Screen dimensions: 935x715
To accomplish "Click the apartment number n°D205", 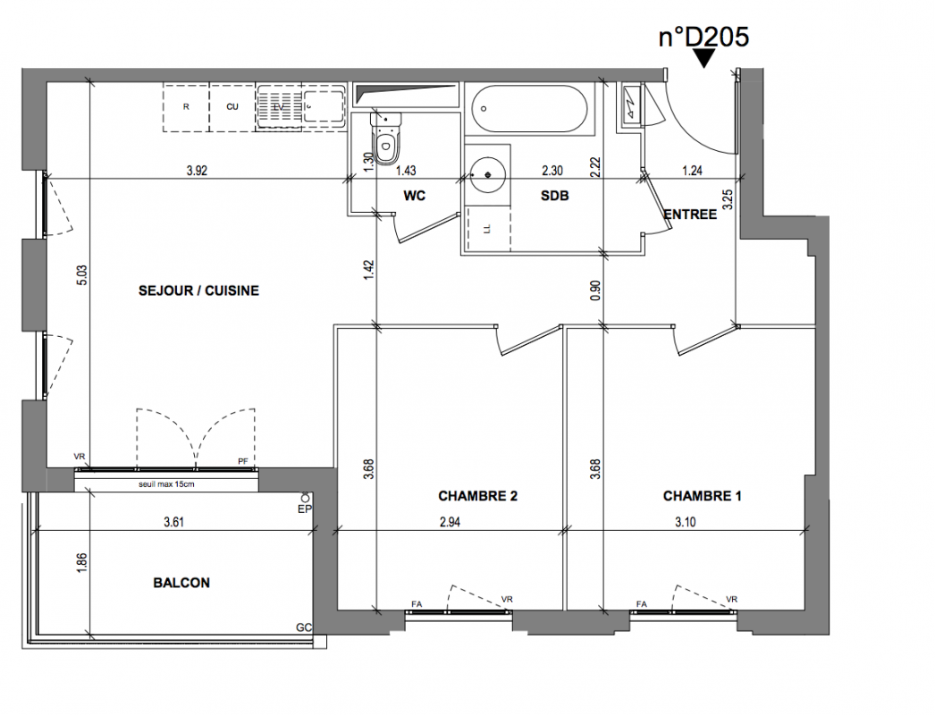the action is (x=703, y=37).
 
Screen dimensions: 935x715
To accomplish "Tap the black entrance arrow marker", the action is (x=705, y=58).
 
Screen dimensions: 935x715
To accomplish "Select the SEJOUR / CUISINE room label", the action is (x=198, y=291).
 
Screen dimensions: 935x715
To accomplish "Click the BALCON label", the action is (x=181, y=583).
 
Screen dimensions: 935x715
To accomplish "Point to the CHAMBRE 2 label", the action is (x=477, y=496).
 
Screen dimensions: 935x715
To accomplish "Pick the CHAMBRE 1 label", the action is (x=703, y=496).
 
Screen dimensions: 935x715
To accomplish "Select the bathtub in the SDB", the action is (x=529, y=108).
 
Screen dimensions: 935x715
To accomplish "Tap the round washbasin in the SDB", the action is (x=488, y=174).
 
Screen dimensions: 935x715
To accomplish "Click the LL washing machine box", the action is (x=488, y=229).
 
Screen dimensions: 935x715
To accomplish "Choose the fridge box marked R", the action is (x=186, y=107).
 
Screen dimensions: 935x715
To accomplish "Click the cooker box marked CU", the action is (x=232, y=107).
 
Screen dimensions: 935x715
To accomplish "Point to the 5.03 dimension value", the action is (x=82, y=275).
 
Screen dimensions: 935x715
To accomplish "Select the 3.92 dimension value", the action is (x=197, y=171).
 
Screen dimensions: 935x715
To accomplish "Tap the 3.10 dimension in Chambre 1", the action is (x=685, y=522).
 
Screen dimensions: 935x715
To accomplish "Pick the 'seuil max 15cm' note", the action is (x=166, y=484).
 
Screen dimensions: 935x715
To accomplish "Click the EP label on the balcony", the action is (x=305, y=509).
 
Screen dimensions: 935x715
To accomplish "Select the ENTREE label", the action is (x=690, y=214).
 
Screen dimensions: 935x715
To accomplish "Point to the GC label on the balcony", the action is (x=304, y=627).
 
